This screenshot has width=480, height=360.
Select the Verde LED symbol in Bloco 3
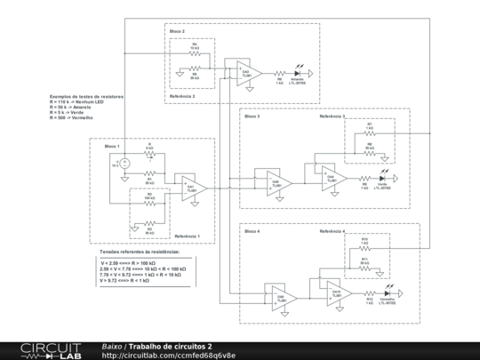coord(383,179)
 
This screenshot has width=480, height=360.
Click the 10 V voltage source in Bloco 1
coord(124,162)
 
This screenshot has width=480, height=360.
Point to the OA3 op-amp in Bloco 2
coord(248,70)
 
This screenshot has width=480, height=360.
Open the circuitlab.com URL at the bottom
coord(169,355)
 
